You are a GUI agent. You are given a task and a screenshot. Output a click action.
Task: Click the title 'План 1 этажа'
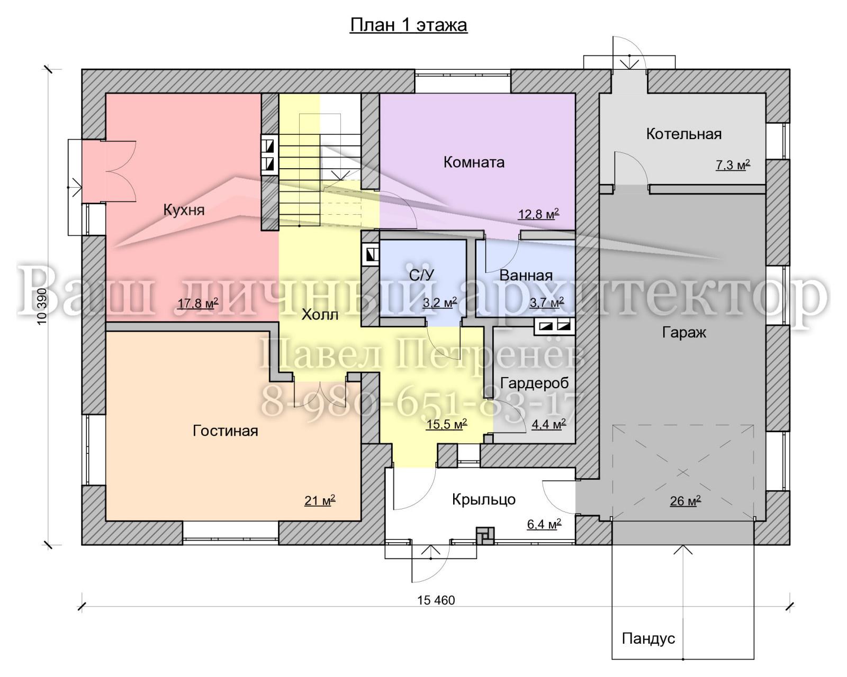pyautogui.click(x=409, y=25)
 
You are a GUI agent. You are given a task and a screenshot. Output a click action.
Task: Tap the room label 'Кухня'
pyautogui.click(x=184, y=210)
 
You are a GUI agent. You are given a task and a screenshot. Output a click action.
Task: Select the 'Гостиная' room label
pyautogui.click(x=225, y=431)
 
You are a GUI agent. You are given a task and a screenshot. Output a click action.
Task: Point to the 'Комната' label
pyautogui.click(x=474, y=162)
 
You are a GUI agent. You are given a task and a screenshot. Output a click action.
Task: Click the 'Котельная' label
pyautogui.click(x=683, y=134)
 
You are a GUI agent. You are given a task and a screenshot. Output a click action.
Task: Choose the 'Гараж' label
pyautogui.click(x=684, y=333)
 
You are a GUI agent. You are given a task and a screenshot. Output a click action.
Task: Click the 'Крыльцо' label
pyautogui.click(x=484, y=500)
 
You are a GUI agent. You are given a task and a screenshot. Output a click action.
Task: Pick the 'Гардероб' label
pyautogui.click(x=535, y=383)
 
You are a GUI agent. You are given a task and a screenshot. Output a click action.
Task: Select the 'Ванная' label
pyautogui.click(x=526, y=276)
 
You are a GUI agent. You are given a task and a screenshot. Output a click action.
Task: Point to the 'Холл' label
pyautogui.click(x=320, y=315)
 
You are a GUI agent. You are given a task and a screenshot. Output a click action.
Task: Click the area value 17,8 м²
pyautogui.click(x=197, y=303)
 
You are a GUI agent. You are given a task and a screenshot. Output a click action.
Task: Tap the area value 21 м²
pyautogui.click(x=320, y=500)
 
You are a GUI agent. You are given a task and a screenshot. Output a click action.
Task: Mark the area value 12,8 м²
pyautogui.click(x=538, y=214)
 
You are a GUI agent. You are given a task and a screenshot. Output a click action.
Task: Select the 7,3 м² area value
pyautogui.click(x=733, y=165)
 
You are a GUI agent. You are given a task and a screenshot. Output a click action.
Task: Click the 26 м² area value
pyautogui.click(x=685, y=501)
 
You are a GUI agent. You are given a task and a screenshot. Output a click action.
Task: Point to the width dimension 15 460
pyautogui.click(x=436, y=600)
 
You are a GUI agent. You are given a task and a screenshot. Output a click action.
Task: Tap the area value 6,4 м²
pyautogui.click(x=544, y=524)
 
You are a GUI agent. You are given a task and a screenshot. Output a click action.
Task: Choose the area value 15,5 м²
pyautogui.click(x=446, y=424)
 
